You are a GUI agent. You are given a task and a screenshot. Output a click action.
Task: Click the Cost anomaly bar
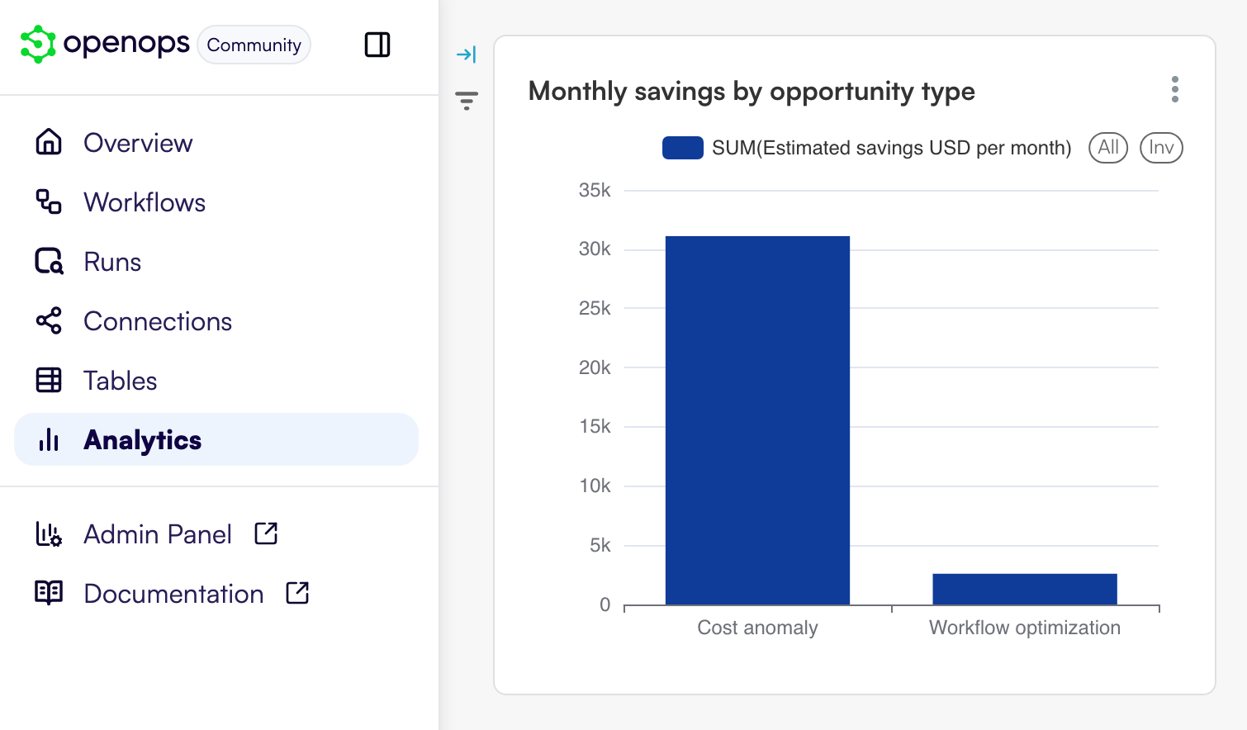[x=757, y=420]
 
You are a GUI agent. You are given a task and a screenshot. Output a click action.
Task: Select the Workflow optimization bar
[x=1024, y=589]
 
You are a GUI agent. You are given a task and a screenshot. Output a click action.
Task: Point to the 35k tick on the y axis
[x=595, y=191]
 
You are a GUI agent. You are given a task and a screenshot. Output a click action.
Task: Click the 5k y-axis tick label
[x=600, y=545]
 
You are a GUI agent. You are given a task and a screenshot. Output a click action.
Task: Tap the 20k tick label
[x=595, y=367]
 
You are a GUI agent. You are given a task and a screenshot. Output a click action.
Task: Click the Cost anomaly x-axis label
[x=757, y=628]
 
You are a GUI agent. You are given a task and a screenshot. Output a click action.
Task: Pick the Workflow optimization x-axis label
[x=1024, y=628]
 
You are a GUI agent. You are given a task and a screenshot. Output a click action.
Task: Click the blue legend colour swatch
[x=682, y=148]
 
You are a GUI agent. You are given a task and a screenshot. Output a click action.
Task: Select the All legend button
[x=1107, y=148]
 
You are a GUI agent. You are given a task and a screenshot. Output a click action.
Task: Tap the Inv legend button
[x=1161, y=148]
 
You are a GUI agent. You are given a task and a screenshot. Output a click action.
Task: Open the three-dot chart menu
[x=1174, y=89]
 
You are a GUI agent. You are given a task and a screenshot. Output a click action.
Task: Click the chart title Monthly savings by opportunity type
[x=752, y=91]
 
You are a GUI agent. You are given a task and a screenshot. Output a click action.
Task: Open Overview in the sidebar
[x=138, y=143]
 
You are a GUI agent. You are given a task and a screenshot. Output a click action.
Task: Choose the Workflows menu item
[x=145, y=202]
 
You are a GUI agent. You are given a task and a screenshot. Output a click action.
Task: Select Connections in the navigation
[x=158, y=321]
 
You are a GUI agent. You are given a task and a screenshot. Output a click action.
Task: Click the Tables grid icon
[x=49, y=381]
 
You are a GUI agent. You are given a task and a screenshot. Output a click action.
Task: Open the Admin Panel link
[x=158, y=534]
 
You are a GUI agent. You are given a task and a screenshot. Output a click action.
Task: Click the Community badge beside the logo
[x=254, y=45]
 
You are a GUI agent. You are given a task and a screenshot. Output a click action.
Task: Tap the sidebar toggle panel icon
[x=377, y=45]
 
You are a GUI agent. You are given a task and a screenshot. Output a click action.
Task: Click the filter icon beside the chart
[x=467, y=101]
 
